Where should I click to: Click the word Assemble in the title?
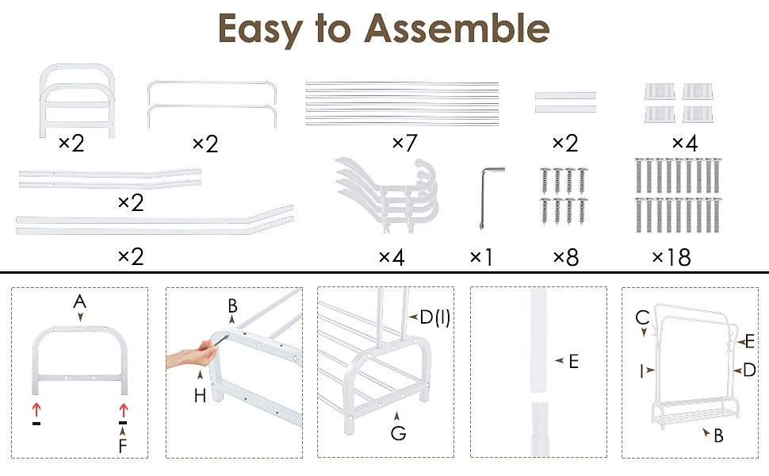pos(457,29)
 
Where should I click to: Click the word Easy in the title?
pos(260,30)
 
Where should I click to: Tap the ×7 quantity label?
pos(404,144)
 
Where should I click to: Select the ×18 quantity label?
pos(671,257)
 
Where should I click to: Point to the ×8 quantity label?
pos(566,257)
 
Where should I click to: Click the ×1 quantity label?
pos(481,257)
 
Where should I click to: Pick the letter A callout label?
pos(80,301)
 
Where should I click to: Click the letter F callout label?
pos(123,446)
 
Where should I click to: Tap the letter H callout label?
pos(200,396)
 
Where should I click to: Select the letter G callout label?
pos(398,433)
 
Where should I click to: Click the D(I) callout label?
pos(435,317)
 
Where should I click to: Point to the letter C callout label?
pos(642,317)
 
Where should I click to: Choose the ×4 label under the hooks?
pos(392,257)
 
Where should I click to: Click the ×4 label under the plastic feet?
pos(685,144)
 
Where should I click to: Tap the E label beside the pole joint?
pos(574,362)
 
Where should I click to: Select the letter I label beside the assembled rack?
pos(641,371)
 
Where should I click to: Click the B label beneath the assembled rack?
pos(718,436)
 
